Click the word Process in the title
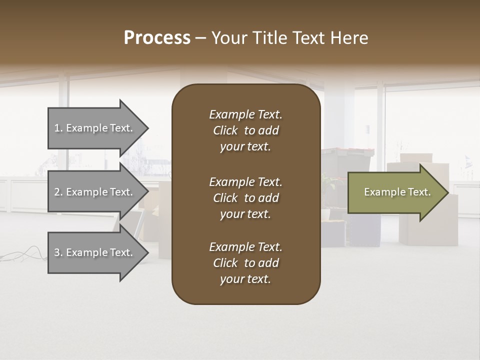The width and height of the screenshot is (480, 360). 157,38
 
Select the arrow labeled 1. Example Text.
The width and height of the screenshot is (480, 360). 95,128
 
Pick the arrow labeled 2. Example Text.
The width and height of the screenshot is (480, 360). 95,192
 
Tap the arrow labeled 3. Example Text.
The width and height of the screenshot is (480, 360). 95,252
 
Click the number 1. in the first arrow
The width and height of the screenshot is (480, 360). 58,128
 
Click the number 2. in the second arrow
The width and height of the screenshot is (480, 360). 58,192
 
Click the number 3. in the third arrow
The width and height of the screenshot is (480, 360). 58,252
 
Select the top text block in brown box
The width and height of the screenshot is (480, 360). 245,130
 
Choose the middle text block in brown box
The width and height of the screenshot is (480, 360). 245,198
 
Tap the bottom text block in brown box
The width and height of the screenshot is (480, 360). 245,263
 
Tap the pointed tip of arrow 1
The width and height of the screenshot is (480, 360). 147,128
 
